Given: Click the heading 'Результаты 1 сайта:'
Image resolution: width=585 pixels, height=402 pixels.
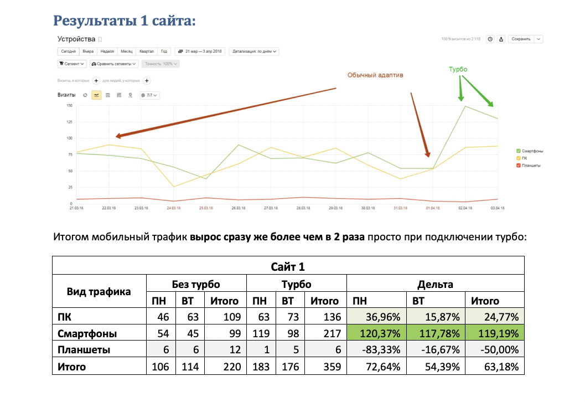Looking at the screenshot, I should pyautogui.click(x=125, y=21).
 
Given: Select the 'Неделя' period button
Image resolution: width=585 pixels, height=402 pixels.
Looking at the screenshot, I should pyautogui.click(x=107, y=51).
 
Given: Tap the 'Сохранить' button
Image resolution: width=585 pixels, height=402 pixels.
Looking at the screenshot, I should pyautogui.click(x=521, y=39).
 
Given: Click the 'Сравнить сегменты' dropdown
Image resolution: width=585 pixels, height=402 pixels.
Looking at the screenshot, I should pyautogui.click(x=113, y=64).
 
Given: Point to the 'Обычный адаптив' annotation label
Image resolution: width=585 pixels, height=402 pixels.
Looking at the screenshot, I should pyautogui.click(x=375, y=75).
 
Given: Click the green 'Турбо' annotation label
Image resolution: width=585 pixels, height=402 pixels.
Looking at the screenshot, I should pyautogui.click(x=458, y=70).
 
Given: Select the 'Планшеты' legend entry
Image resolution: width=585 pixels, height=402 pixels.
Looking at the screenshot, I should pyautogui.click(x=530, y=165).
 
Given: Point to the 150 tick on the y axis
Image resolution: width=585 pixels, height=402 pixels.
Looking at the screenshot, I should pyautogui.click(x=69, y=105).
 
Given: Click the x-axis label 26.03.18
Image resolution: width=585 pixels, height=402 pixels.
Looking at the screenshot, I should pyautogui.click(x=238, y=208).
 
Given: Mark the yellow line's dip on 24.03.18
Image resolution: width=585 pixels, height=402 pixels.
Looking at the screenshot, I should pyautogui.click(x=174, y=187).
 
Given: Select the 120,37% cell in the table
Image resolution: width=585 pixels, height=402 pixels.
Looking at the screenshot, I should pyautogui.click(x=376, y=334).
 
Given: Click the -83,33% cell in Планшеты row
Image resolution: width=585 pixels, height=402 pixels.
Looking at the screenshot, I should pyautogui.click(x=376, y=350).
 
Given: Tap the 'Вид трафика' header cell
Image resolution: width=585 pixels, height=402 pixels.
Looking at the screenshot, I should pyautogui.click(x=99, y=292).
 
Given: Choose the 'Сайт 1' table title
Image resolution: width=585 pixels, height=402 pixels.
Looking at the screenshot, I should pyautogui.click(x=288, y=267).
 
